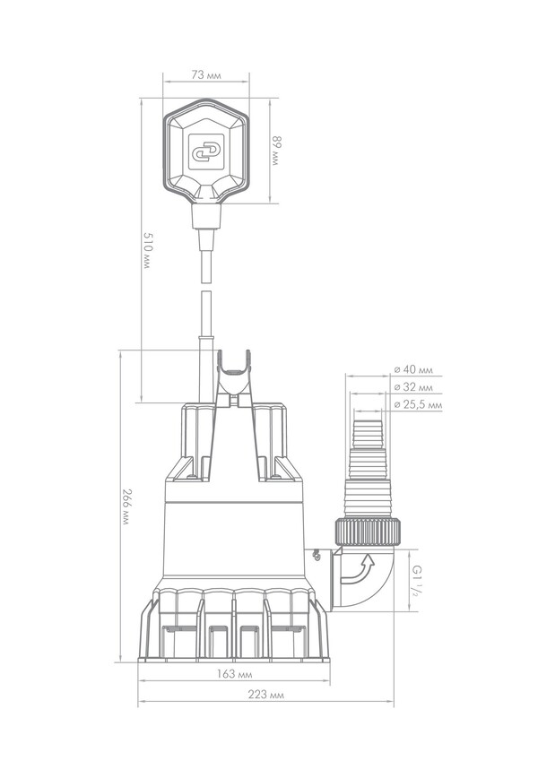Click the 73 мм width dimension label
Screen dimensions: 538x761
coord(206,75)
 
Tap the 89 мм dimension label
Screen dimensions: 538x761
coord(276,151)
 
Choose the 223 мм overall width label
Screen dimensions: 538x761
coord(266,695)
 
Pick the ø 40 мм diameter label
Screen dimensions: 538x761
coord(412,370)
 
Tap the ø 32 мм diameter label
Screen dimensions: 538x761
coord(412,387)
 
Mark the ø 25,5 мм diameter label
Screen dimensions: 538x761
coord(418,405)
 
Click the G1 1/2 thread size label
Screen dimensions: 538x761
coord(416,581)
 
